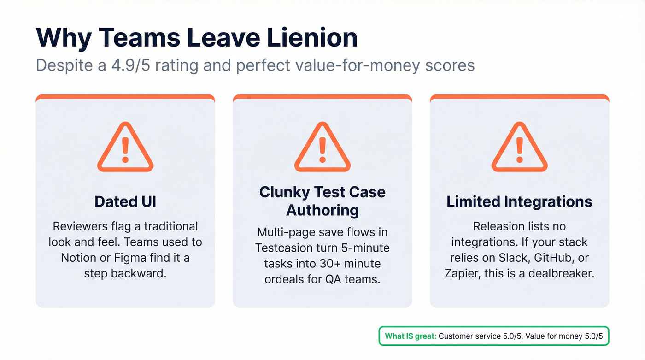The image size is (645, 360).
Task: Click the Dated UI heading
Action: (125, 202)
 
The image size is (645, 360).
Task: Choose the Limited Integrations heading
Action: (519, 202)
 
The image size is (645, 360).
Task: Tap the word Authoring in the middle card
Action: (322, 210)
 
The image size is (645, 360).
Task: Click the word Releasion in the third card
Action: (499, 226)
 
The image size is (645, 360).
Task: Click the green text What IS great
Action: (410, 336)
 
